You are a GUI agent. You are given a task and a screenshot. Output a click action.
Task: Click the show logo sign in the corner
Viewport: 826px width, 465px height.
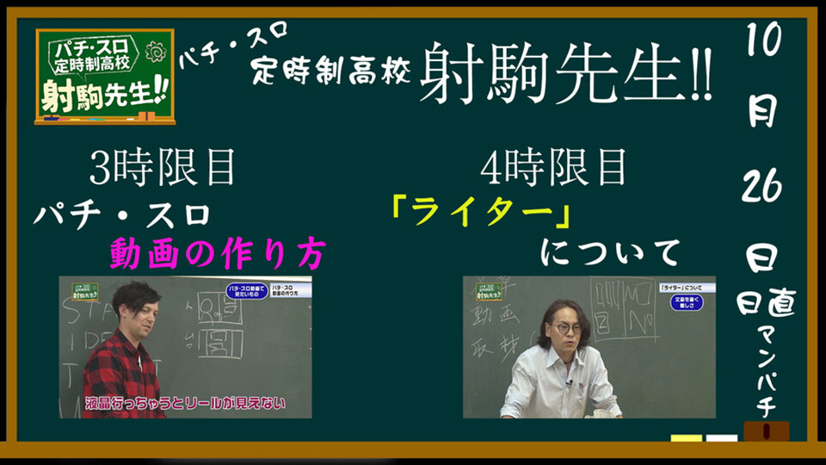(x=104, y=76)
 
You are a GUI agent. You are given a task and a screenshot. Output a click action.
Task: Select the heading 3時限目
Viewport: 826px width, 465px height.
(x=163, y=168)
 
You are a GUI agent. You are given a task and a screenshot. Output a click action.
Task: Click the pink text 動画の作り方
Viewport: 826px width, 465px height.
(x=218, y=253)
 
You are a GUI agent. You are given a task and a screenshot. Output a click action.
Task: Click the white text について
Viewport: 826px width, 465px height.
(x=610, y=253)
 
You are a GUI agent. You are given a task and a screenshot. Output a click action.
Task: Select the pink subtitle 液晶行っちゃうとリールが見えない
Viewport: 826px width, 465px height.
(x=185, y=402)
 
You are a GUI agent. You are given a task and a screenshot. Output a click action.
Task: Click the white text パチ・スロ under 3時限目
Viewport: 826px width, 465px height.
(x=121, y=215)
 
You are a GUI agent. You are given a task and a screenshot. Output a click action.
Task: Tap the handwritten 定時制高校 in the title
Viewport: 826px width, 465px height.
(x=330, y=71)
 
